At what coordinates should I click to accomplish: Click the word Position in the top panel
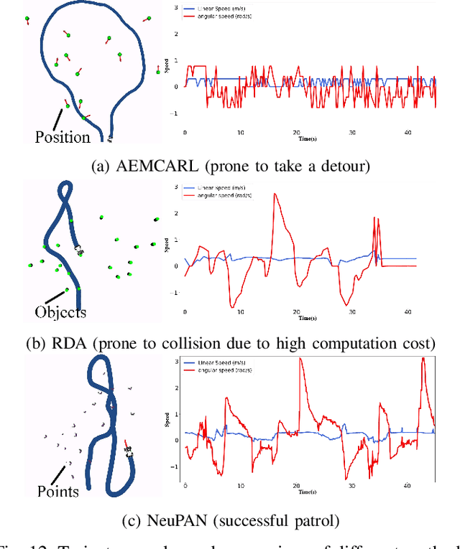point(63,137)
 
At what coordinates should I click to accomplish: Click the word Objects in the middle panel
point(60,312)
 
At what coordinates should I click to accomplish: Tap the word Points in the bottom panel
point(58,491)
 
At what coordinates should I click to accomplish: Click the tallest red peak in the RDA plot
point(274,194)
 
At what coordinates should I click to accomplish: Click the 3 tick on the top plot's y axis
point(177,6)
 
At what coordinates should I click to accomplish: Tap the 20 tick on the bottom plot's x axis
point(296,487)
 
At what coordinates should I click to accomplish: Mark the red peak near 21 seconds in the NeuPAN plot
point(300,359)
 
